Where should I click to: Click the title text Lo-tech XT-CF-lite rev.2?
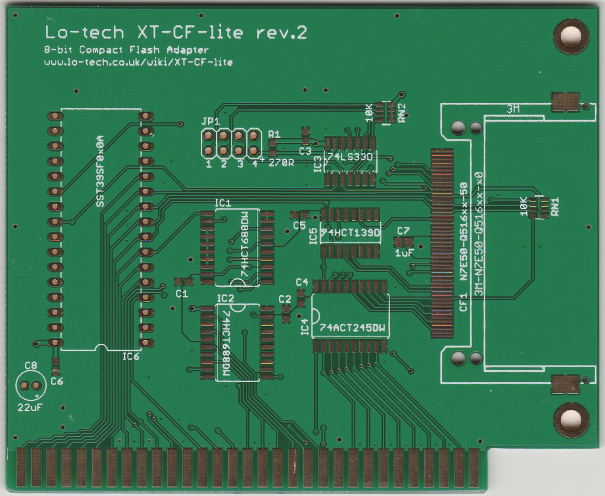click(176, 32)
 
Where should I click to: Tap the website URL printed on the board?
click(138, 62)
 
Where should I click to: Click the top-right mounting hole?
click(571, 36)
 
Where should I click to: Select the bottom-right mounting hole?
click(571, 420)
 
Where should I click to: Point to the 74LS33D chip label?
click(351, 157)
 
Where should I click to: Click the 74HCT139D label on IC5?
click(351, 233)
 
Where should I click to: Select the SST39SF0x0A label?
click(100, 171)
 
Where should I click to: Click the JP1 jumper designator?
click(210, 122)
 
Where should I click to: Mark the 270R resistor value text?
click(281, 163)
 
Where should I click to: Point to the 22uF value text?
click(30, 407)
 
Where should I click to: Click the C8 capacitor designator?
click(31, 366)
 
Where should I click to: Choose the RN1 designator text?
click(555, 207)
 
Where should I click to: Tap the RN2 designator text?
click(402, 113)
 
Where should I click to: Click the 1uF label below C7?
click(404, 253)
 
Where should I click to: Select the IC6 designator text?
click(131, 357)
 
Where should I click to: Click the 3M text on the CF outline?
click(513, 110)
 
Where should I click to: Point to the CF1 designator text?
click(463, 302)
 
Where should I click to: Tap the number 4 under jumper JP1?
click(255, 164)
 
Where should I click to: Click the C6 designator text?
click(57, 381)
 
